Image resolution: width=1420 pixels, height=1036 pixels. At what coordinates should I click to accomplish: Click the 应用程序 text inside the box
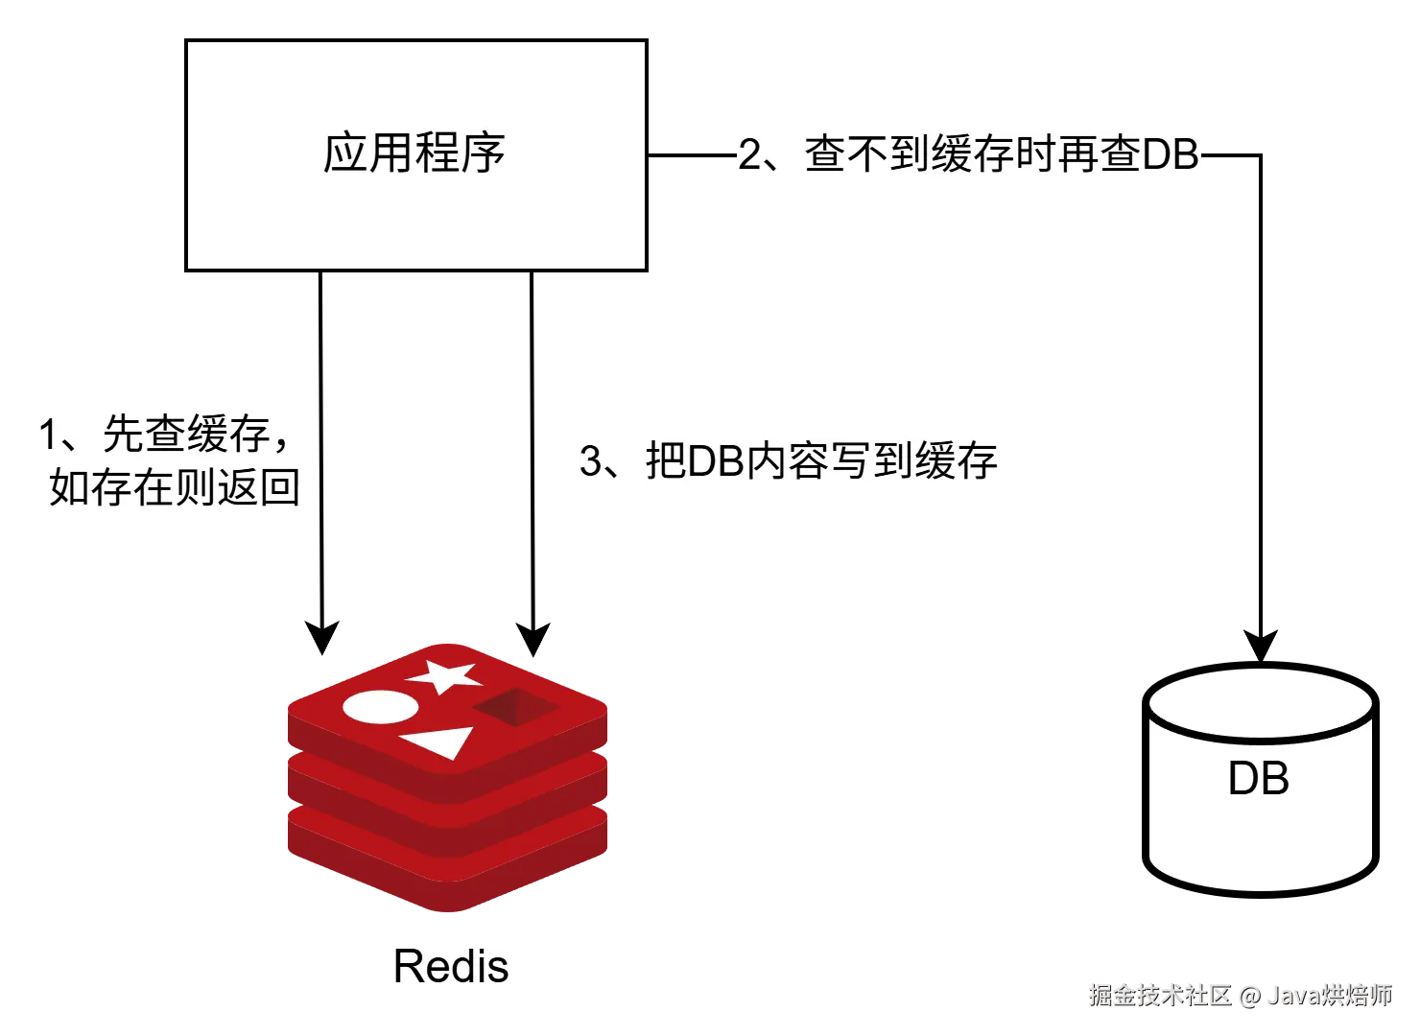pyautogui.click(x=414, y=153)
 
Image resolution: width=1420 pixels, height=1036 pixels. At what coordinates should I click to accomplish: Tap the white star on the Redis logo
pyautogui.click(x=444, y=676)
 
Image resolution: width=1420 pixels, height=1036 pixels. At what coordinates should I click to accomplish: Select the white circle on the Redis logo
pyautogui.click(x=380, y=707)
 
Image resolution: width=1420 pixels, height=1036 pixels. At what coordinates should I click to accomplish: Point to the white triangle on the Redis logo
pyautogui.click(x=438, y=742)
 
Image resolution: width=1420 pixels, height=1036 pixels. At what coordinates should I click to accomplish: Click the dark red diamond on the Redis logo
pyautogui.click(x=516, y=707)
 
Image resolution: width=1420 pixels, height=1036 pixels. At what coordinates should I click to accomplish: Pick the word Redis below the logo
pyautogui.click(x=451, y=967)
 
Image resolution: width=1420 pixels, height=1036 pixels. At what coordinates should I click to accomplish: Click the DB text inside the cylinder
pyautogui.click(x=1259, y=778)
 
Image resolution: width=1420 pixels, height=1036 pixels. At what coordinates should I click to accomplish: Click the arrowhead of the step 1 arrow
pyautogui.click(x=322, y=638)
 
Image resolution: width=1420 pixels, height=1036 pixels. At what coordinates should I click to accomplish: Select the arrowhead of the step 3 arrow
pyautogui.click(x=533, y=640)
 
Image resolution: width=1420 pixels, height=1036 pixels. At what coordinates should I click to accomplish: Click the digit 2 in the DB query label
pyautogui.click(x=749, y=154)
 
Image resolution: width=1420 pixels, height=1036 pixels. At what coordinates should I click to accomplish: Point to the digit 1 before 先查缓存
pyautogui.click(x=48, y=435)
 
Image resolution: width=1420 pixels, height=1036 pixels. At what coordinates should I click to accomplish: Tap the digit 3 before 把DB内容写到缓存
pyautogui.click(x=590, y=460)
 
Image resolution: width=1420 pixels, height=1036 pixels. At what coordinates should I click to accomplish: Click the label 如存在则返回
pyautogui.click(x=175, y=487)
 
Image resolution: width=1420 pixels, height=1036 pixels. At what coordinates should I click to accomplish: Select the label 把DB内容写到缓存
pyautogui.click(x=821, y=460)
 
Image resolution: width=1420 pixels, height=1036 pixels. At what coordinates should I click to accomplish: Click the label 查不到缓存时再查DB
pyautogui.click(x=1002, y=154)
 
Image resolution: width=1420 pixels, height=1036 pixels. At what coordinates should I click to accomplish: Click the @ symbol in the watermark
pyautogui.click(x=1249, y=997)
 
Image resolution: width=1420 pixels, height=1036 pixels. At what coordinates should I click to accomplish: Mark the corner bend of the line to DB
pyautogui.click(x=1261, y=154)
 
